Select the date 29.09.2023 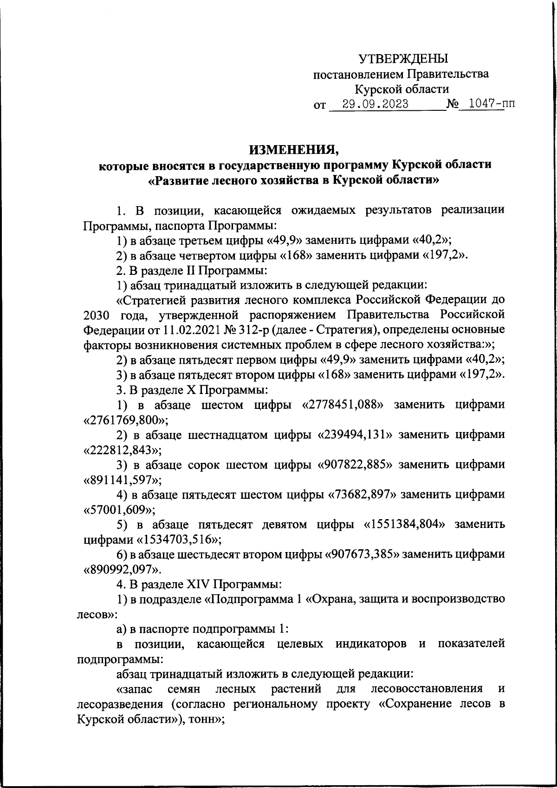pyautogui.click(x=374, y=104)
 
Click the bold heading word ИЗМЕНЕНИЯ pyautogui.click(x=294, y=149)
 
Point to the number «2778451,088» pyautogui.click(x=343, y=405)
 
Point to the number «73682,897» pyautogui.click(x=363, y=495)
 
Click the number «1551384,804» pyautogui.click(x=404, y=524)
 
